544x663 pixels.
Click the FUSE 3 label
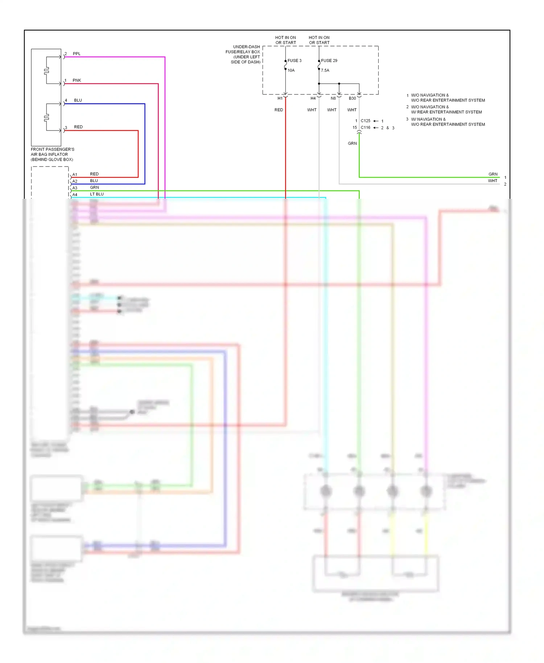tap(294, 61)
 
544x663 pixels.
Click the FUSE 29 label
tap(329, 61)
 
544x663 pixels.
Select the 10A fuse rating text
tap(291, 70)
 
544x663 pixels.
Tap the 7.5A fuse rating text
tap(325, 70)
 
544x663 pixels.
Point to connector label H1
tap(280, 98)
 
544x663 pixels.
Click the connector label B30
tap(352, 98)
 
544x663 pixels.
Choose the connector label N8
tap(333, 98)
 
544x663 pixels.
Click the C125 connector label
tap(365, 121)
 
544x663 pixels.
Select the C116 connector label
tap(365, 127)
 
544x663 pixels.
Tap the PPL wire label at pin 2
tap(77, 54)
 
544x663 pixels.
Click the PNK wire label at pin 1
tap(77, 80)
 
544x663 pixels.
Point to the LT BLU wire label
tap(97, 194)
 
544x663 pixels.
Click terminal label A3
tap(75, 188)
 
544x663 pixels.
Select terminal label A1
tap(75, 174)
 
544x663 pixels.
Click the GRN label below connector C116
tap(352, 143)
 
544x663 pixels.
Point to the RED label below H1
tap(279, 110)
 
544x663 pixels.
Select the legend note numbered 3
tap(448, 122)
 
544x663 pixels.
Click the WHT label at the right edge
tap(493, 181)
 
